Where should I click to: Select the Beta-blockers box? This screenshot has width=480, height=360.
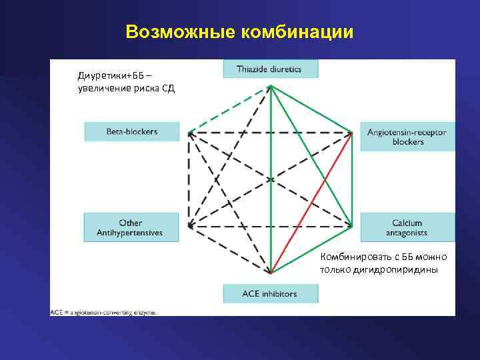132,131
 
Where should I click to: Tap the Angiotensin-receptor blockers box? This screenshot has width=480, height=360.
407,137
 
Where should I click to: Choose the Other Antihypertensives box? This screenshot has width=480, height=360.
132,228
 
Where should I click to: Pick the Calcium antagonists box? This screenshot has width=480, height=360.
407,228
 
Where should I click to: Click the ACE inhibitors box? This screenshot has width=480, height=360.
270,293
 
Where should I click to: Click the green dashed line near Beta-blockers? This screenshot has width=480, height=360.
230,109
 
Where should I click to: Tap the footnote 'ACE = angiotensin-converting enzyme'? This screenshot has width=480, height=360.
104,311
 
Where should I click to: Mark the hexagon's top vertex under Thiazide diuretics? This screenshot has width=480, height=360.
270,87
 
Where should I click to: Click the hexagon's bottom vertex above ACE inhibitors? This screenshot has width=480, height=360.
271,273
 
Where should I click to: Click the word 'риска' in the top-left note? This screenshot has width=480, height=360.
141,89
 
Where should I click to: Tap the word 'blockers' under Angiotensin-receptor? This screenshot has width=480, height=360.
408,142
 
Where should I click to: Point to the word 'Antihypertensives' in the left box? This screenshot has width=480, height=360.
132,233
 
